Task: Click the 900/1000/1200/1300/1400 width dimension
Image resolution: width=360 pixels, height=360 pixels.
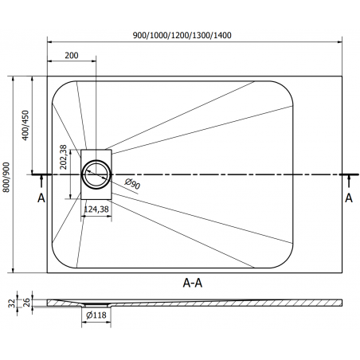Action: (x=182, y=35)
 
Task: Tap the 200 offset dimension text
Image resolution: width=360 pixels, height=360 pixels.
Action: (x=72, y=55)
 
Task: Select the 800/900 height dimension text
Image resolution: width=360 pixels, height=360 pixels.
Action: (x=6, y=177)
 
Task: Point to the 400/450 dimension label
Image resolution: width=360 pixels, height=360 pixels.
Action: (x=25, y=125)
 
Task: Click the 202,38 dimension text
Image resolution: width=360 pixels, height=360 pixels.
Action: (x=63, y=157)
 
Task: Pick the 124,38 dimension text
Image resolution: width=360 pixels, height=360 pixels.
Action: (x=96, y=209)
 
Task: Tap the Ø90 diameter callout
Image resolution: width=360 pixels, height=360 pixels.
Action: (x=132, y=183)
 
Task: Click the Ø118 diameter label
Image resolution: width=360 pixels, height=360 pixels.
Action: (x=96, y=315)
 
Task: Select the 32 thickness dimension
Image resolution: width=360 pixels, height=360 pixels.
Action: (x=12, y=303)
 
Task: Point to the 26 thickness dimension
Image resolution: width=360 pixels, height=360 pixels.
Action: (x=27, y=303)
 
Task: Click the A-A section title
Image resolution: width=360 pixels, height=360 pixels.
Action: (x=193, y=283)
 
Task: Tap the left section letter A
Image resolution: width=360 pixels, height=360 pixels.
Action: (x=41, y=198)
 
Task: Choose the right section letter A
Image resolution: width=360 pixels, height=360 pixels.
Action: (x=349, y=198)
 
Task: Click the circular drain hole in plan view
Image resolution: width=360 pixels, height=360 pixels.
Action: (x=96, y=174)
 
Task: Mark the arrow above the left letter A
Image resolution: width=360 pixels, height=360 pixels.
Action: (x=41, y=182)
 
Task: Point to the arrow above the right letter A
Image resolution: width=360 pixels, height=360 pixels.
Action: (x=349, y=182)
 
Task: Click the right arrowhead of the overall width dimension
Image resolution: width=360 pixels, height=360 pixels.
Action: (x=339, y=41)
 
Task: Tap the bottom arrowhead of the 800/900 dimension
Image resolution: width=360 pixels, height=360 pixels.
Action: (x=13, y=270)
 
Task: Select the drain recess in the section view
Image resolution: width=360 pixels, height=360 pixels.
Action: (x=96, y=305)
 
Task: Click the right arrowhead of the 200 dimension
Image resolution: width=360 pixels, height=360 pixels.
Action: (x=93, y=61)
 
